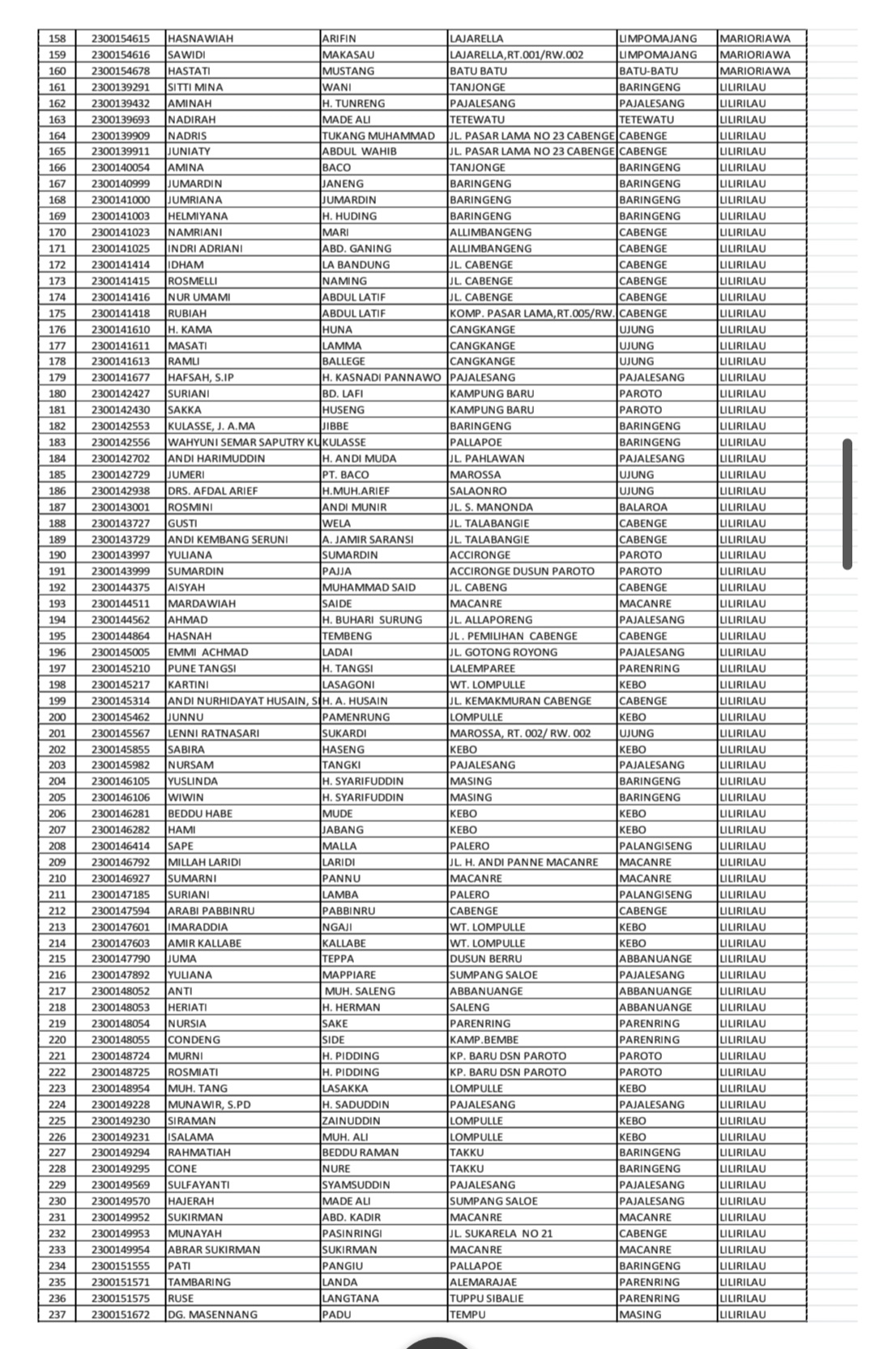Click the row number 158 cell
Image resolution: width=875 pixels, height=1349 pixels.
58,38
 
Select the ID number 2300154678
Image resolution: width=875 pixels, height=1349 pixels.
120,71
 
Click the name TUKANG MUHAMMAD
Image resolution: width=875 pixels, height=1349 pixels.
378,135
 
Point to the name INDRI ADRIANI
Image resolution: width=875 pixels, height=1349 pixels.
205,248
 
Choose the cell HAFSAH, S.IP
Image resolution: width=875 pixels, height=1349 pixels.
201,377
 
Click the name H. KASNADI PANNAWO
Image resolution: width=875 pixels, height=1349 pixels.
382,377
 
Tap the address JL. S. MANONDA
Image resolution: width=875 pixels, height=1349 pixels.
492,507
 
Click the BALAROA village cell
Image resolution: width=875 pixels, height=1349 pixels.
643,507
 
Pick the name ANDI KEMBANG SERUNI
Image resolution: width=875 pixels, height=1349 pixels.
228,539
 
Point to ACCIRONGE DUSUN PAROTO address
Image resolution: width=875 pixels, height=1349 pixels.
522,571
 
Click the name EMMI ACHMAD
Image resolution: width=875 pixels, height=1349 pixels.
208,652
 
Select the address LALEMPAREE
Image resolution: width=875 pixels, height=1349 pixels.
483,668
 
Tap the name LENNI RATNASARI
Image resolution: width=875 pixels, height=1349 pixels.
214,733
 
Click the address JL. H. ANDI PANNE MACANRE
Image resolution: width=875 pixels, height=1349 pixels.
524,862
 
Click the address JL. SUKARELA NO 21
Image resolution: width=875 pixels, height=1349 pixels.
502,1233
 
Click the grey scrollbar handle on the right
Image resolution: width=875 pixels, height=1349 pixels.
847,504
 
